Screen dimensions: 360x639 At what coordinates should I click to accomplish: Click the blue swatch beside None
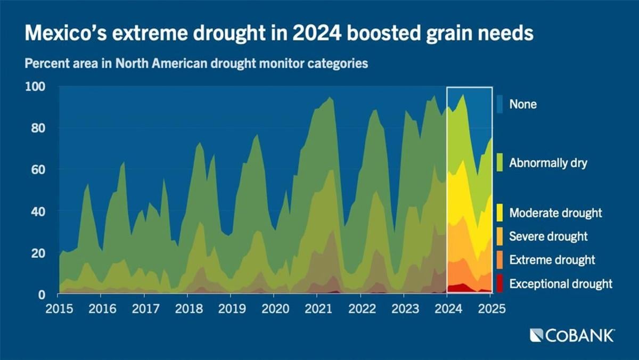pos(499,104)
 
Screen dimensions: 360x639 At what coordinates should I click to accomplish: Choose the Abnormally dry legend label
pos(548,163)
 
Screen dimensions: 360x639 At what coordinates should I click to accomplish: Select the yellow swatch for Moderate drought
pos(499,213)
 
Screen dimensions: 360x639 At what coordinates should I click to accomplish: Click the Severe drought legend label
pos(548,236)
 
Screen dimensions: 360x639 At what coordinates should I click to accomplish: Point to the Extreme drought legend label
pos(552,260)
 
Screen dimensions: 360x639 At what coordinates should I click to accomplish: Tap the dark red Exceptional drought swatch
pos(499,284)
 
